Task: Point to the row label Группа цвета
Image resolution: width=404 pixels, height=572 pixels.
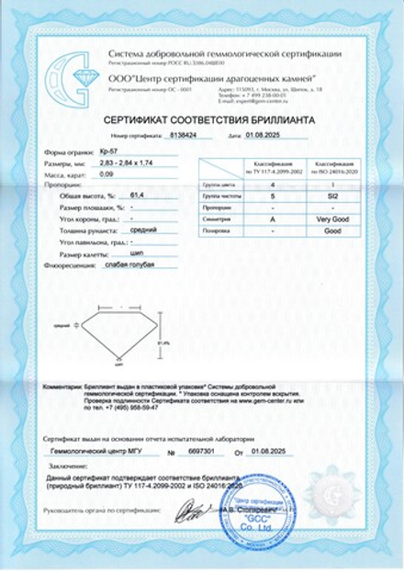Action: tap(217, 185)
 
